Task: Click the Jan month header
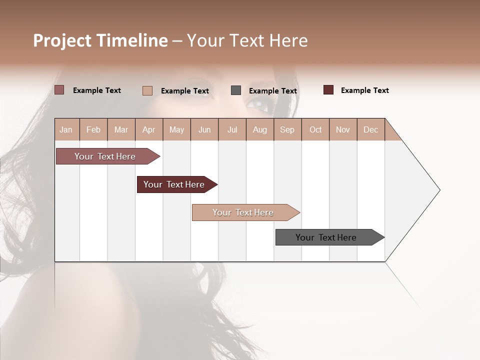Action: pos(66,129)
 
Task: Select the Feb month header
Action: pos(93,129)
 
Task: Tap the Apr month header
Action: pos(148,129)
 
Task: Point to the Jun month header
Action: pos(204,129)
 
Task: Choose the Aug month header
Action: pos(259,129)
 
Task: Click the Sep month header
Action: pos(287,129)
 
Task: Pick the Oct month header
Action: pos(315,129)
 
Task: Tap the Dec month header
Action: pos(370,129)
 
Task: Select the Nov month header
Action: pos(343,129)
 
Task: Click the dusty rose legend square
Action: pos(59,90)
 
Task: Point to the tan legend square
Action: pos(147,90)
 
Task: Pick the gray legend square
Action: pos(236,90)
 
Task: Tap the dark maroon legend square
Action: pos(328,90)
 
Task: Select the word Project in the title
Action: pos(62,40)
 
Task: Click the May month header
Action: pos(176,129)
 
